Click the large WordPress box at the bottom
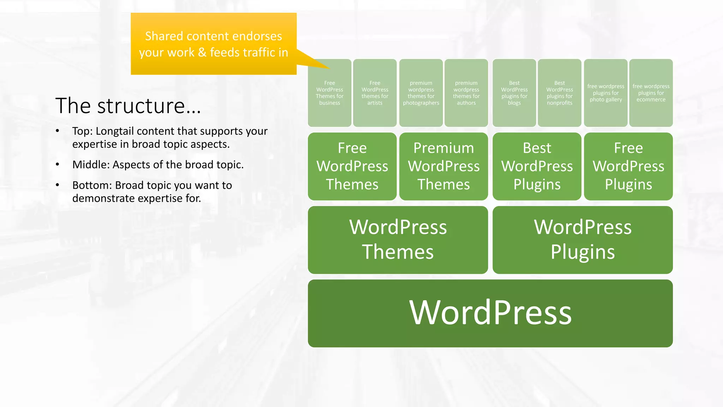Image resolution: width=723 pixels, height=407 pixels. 490,313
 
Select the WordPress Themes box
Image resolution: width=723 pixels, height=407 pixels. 398,240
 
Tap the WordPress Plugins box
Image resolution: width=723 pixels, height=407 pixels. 582,240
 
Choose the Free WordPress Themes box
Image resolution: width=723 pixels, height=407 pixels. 352,166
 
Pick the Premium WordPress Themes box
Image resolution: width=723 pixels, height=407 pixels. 444,166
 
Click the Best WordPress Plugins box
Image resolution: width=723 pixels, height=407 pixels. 537,166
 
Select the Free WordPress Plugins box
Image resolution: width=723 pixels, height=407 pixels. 628,166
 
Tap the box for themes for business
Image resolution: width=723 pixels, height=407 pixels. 329,93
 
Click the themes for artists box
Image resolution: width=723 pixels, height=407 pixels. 375,93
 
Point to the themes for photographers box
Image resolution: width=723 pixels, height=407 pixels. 421,93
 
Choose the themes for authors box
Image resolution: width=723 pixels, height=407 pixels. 466,93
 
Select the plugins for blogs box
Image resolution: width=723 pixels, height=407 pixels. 514,93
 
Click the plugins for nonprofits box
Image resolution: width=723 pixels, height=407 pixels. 559,93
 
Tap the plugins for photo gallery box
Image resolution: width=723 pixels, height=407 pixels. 605,93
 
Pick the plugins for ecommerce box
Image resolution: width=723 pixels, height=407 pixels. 651,93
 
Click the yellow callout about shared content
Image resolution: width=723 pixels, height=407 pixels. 213,44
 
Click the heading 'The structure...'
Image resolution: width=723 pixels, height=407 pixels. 128,106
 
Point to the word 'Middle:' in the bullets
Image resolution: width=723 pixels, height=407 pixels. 91,165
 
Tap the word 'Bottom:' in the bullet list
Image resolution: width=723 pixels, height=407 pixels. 92,185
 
